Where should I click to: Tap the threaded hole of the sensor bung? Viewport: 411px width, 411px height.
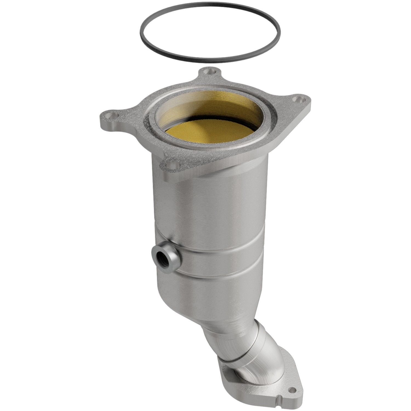159,257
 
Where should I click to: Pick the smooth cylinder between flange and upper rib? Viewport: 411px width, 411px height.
208,208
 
